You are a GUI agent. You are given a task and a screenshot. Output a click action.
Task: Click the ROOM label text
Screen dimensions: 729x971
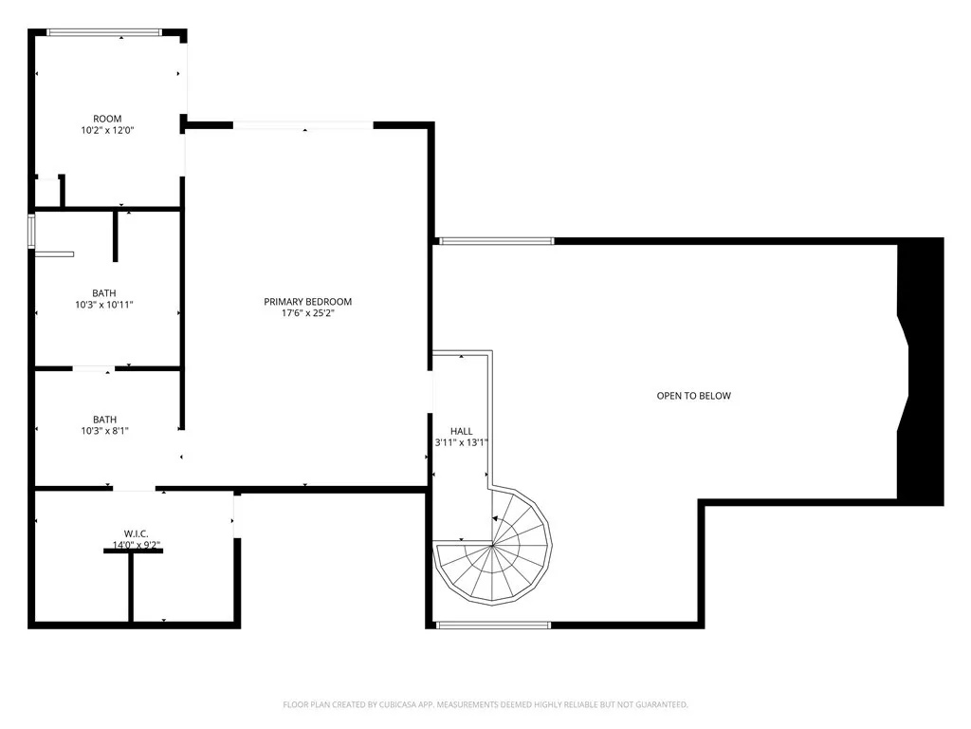click(x=107, y=119)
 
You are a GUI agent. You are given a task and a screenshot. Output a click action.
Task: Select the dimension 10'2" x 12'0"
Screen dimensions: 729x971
click(x=107, y=131)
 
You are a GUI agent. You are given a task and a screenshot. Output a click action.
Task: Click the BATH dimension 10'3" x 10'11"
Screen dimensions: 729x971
click(x=104, y=305)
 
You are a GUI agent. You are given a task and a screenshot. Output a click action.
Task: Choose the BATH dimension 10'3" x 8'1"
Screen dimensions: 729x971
click(x=104, y=431)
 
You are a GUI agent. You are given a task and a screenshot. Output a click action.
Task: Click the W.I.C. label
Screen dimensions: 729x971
click(x=137, y=533)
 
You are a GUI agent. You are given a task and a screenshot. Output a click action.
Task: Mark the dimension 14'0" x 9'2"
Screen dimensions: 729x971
click(x=137, y=545)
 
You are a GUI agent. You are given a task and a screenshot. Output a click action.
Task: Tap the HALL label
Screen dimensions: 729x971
click(x=461, y=431)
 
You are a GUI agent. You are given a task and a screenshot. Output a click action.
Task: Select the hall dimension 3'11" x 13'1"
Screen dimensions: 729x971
click(x=461, y=442)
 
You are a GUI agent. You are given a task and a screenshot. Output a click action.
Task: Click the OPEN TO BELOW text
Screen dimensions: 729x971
click(x=694, y=396)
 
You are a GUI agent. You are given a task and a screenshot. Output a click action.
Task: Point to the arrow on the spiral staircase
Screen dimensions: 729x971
click(x=495, y=518)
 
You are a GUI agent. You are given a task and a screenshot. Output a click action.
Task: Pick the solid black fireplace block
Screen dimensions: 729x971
click(x=921, y=370)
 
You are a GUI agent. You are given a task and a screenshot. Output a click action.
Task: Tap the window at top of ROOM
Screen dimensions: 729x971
click(x=104, y=33)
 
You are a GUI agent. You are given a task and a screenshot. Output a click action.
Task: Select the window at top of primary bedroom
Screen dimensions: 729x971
click(x=303, y=125)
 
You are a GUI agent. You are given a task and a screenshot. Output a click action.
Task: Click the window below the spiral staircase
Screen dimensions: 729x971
click(x=493, y=624)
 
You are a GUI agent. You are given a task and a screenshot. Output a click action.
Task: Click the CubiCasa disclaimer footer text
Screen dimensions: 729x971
click(x=485, y=704)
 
